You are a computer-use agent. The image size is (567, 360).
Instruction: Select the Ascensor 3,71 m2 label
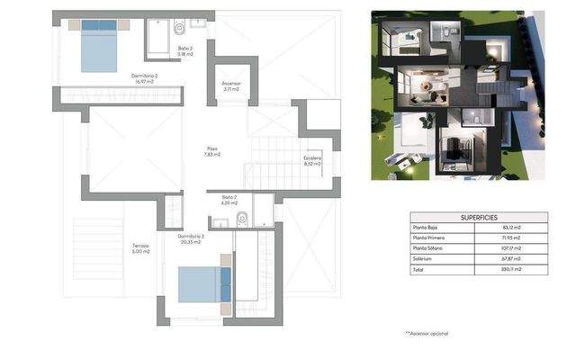pyautogui.click(x=231, y=87)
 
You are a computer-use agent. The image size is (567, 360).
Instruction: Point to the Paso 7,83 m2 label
pyautogui.click(x=211, y=151)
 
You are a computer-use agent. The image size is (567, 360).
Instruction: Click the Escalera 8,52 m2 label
pyautogui.click(x=312, y=161)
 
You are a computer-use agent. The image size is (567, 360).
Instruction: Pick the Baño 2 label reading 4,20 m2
pyautogui.click(x=228, y=199)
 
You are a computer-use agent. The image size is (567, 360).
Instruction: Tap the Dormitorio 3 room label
pyautogui.click(x=191, y=239)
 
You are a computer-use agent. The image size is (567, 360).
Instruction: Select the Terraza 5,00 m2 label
pyautogui.click(x=139, y=248)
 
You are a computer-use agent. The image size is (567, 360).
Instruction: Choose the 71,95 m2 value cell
pyautogui.click(x=512, y=238)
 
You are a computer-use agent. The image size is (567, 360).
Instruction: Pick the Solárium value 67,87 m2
pyautogui.click(x=512, y=258)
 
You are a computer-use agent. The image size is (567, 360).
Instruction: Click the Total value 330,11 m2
pyautogui.click(x=512, y=268)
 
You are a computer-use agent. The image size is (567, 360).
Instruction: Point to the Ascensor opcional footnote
pyautogui.click(x=427, y=333)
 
